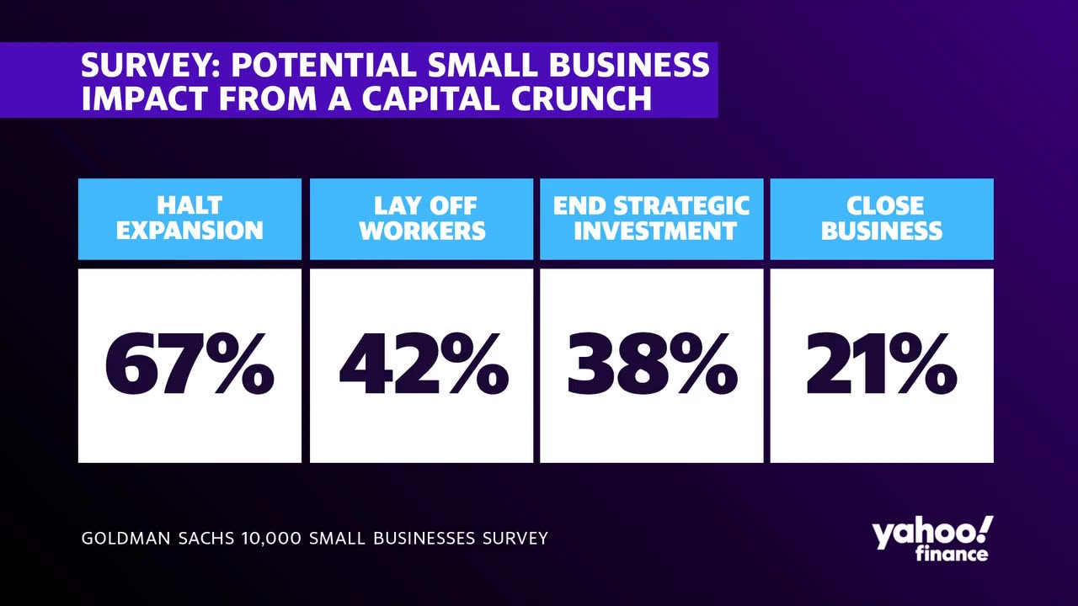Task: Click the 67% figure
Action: pyautogui.click(x=189, y=365)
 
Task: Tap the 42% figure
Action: pyautogui.click(x=424, y=365)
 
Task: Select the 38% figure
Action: pyautogui.click(x=652, y=365)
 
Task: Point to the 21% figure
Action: pyautogui.click(x=882, y=365)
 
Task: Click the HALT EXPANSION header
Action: pyautogui.click(x=189, y=218)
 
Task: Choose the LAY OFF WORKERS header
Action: pyautogui.click(x=422, y=218)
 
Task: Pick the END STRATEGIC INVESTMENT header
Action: pyautogui.click(x=651, y=218)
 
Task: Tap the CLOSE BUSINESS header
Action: pyautogui.click(x=882, y=218)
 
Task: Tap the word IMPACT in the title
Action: pyautogui.click(x=144, y=98)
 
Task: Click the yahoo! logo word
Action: pyautogui.click(x=931, y=534)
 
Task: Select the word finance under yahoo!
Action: pyautogui.click(x=951, y=555)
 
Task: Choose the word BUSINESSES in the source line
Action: pyautogui.click(x=424, y=538)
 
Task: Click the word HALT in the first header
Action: pyautogui.click(x=189, y=205)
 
